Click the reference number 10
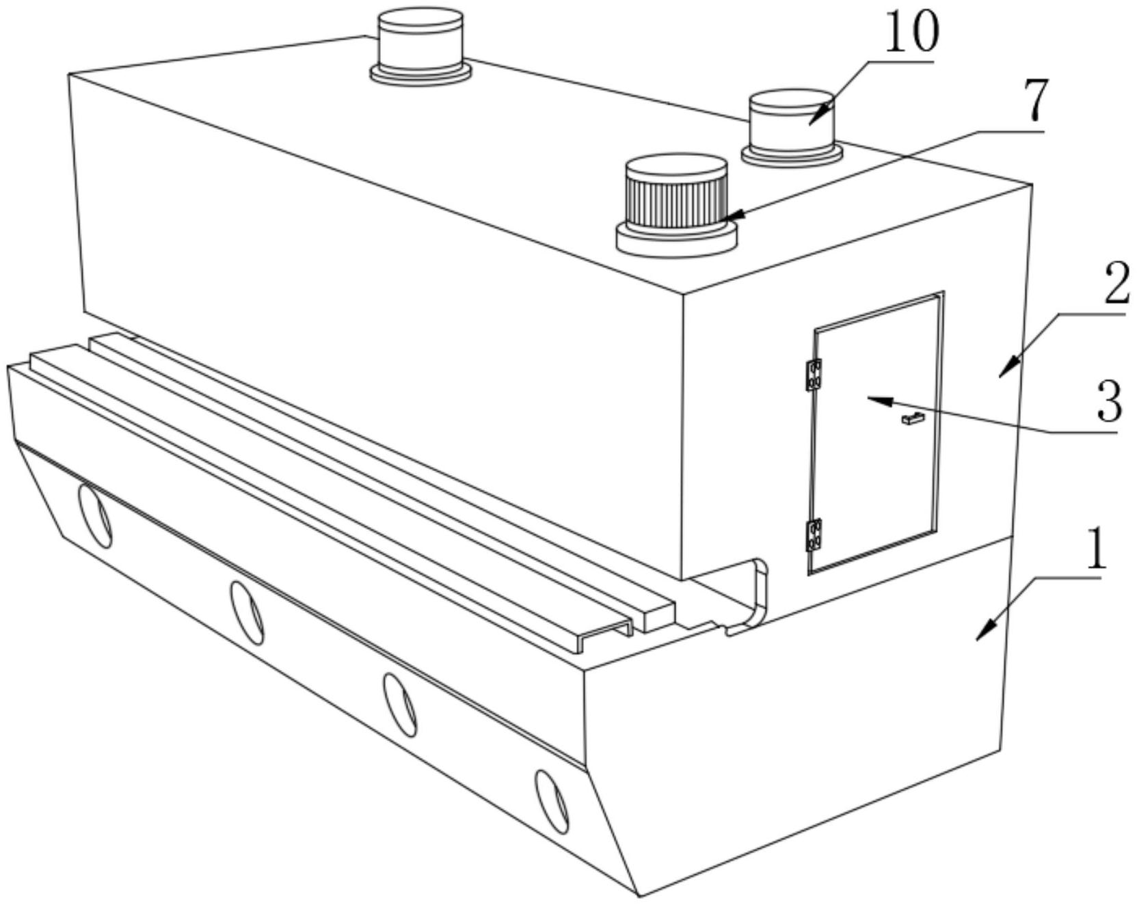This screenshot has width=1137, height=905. coord(911,33)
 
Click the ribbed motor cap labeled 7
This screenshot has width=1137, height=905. coord(676,205)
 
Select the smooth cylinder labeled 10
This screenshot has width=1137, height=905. coord(792,127)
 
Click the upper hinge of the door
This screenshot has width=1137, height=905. coord(813,375)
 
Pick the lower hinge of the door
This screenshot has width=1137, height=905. coord(814,535)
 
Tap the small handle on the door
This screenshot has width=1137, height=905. coord(913,418)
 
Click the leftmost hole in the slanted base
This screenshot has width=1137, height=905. coord(94,515)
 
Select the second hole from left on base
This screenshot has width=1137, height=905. coord(247,612)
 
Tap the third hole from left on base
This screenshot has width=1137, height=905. coord(400,705)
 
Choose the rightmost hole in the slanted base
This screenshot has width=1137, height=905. coord(552,802)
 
